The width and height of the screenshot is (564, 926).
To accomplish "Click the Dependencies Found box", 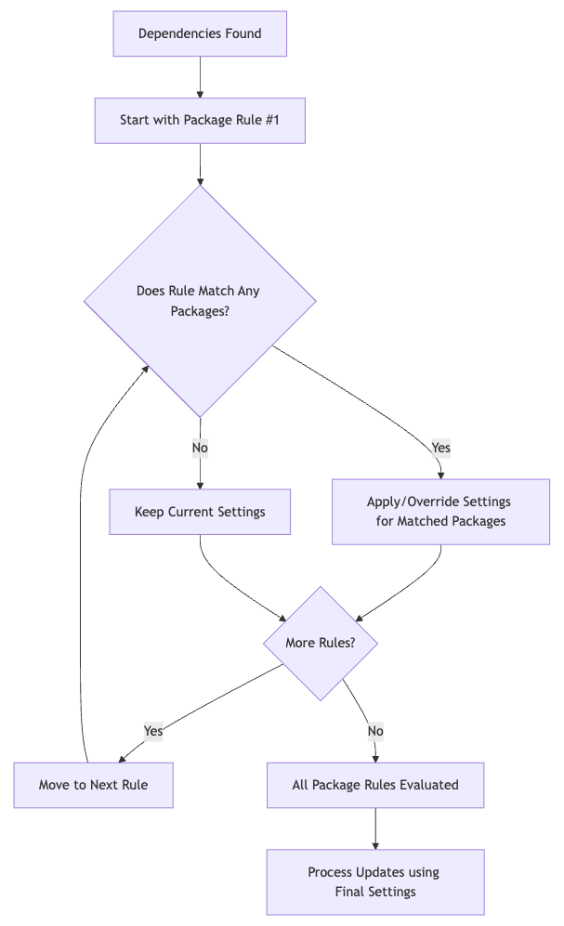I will point(200,34).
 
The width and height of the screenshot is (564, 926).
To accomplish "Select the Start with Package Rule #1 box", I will point(200,121).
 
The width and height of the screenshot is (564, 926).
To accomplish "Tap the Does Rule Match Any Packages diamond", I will point(200,300).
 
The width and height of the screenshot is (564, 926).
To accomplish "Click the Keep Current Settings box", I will point(200,512).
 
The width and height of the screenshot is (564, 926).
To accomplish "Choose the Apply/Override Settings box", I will point(440,512).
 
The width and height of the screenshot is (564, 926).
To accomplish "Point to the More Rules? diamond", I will point(320,643).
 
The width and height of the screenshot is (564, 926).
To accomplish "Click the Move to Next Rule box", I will point(93,785).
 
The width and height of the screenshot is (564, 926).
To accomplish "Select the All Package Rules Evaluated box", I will point(375,785).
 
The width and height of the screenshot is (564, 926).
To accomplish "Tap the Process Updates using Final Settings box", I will point(375,882).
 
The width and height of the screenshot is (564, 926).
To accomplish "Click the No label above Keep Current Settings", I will point(200,448).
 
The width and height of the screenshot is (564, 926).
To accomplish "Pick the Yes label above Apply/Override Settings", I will point(440,448).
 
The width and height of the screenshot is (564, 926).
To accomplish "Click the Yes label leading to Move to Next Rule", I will point(153,731).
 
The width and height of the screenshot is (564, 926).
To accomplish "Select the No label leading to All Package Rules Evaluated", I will point(375,731).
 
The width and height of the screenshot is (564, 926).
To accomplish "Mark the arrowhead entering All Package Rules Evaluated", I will point(375,758).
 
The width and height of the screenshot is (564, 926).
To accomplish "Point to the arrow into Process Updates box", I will point(375,829).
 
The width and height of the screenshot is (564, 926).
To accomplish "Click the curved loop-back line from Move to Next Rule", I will point(82,557).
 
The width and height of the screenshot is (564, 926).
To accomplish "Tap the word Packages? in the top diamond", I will point(200,311).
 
